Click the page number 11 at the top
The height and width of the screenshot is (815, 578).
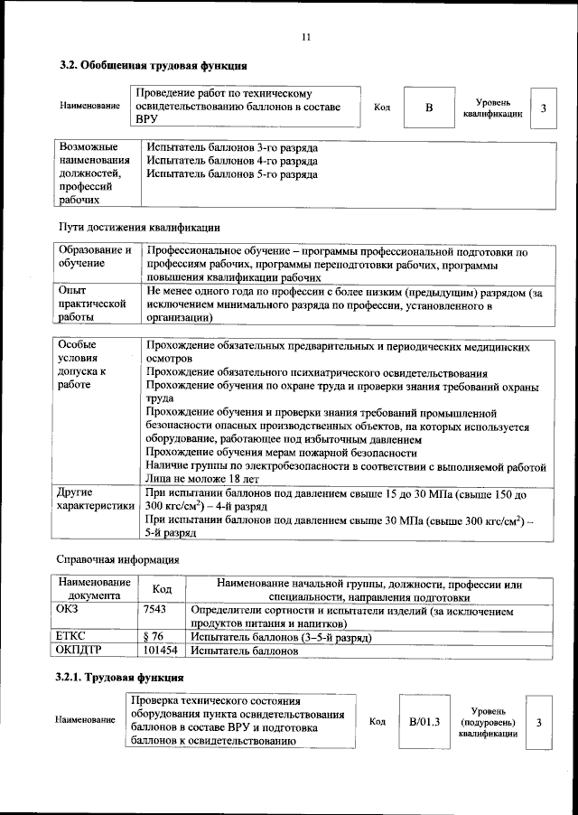[x=305, y=37]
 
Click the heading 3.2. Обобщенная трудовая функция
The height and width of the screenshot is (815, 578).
[x=153, y=66]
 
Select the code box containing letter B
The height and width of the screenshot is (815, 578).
[x=429, y=108]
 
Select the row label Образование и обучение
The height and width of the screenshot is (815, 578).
[x=94, y=257]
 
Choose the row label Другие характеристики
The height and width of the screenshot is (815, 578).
[x=95, y=501]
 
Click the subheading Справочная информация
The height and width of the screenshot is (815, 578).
[x=117, y=559]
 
